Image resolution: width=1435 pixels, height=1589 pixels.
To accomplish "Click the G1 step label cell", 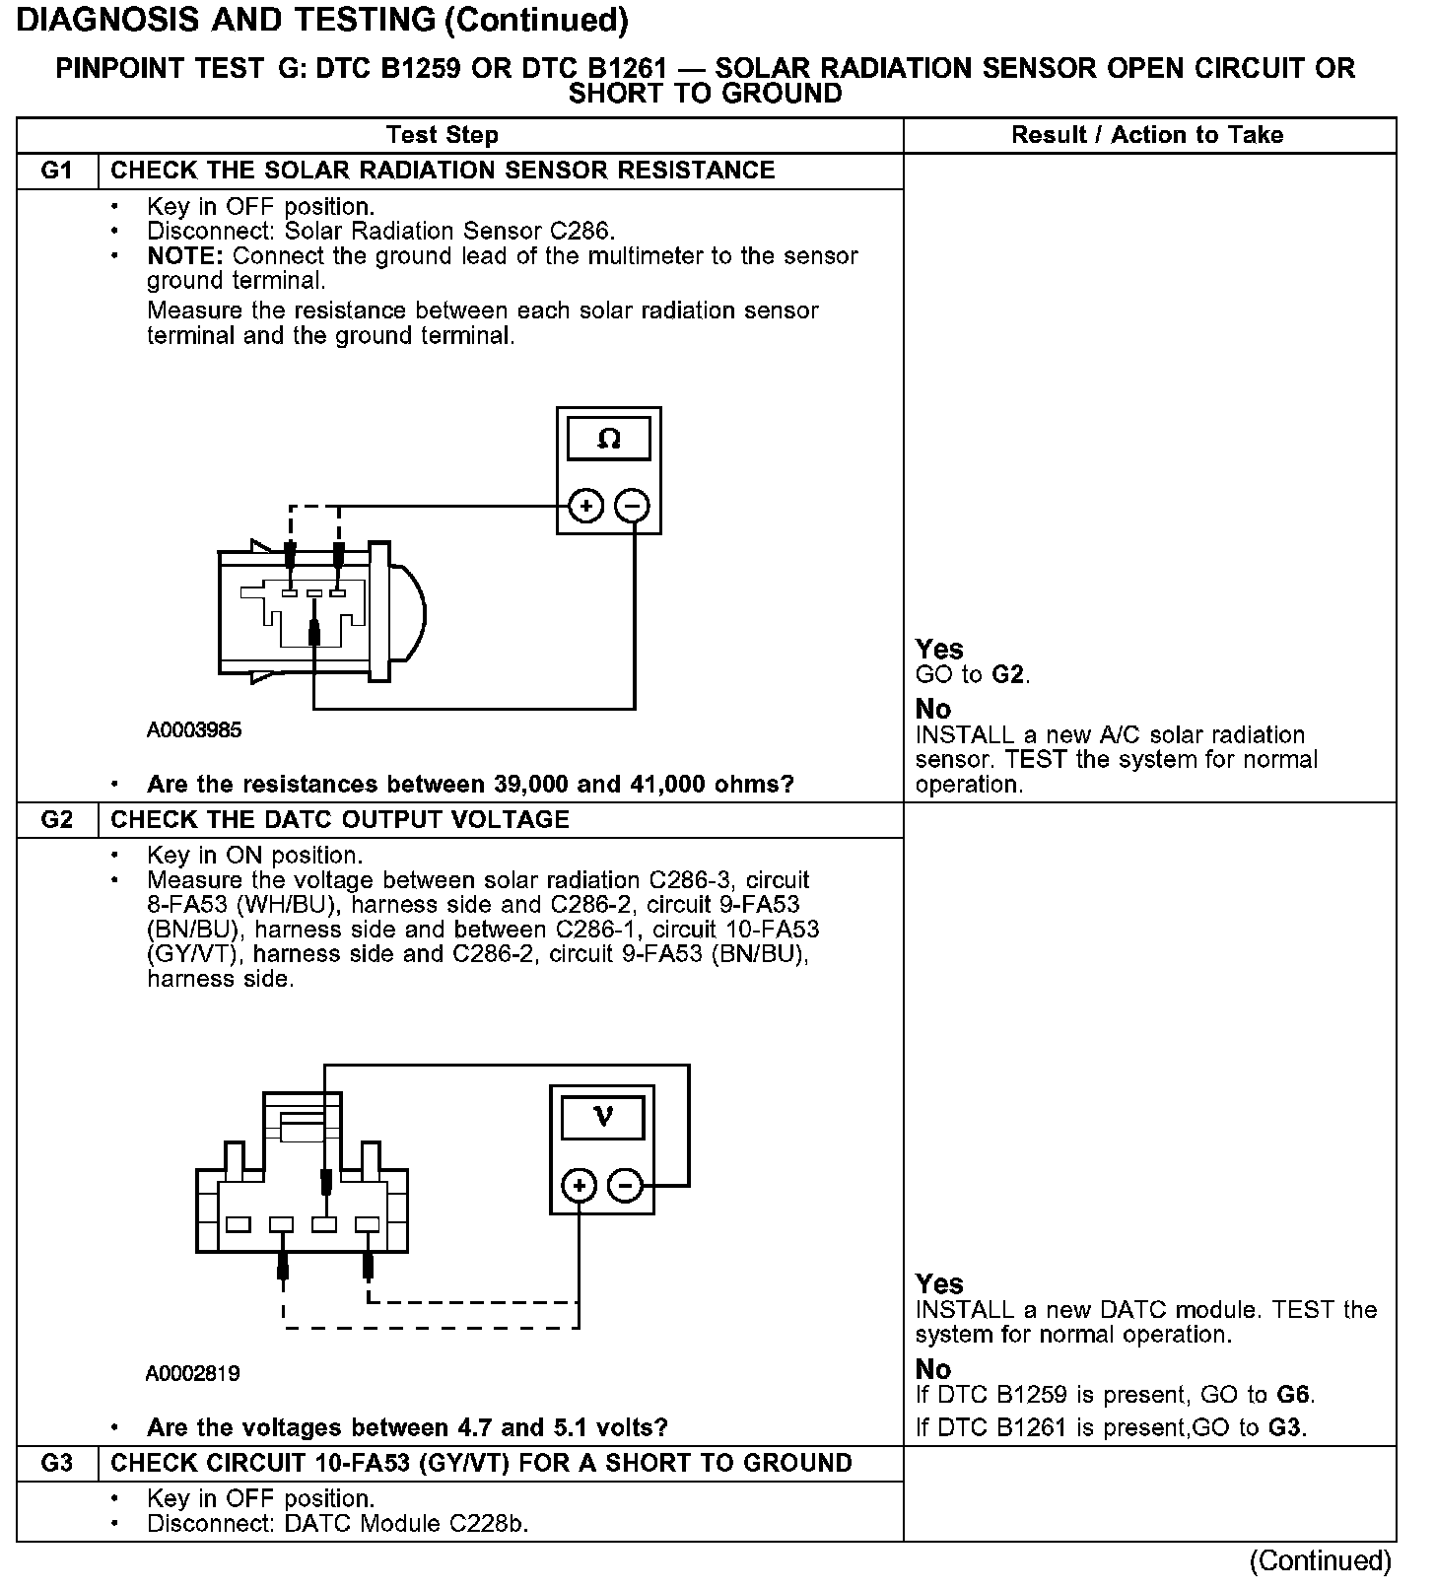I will (57, 171).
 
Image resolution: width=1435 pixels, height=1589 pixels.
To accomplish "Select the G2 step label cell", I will (57, 820).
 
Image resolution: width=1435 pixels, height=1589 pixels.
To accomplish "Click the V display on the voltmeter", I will (603, 1117).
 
